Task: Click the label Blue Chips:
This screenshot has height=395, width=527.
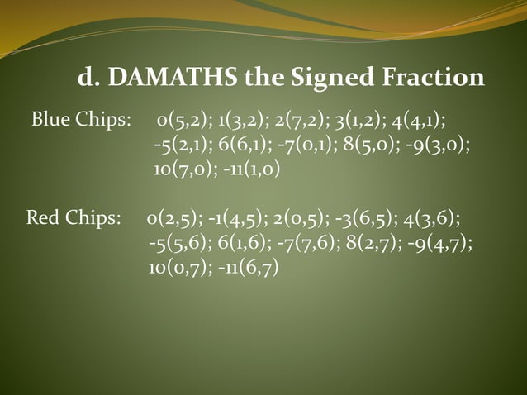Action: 81,121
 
